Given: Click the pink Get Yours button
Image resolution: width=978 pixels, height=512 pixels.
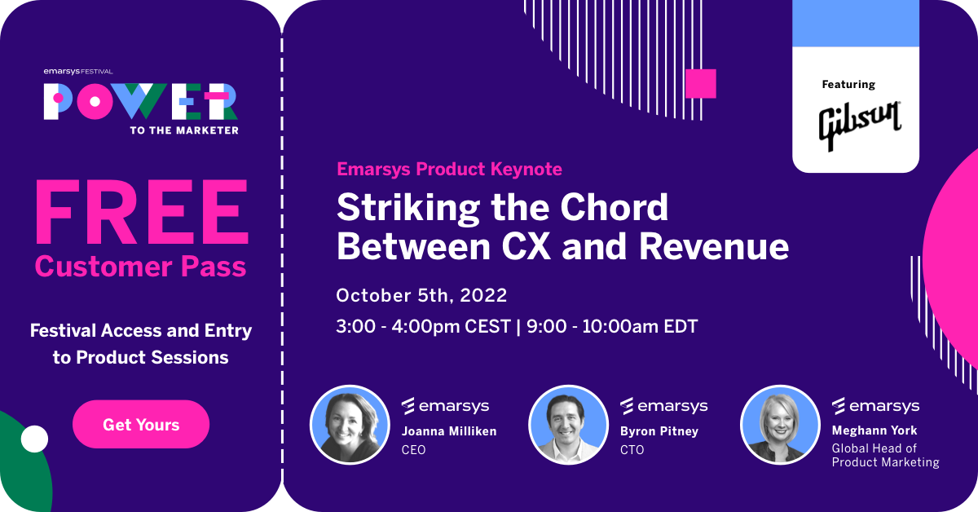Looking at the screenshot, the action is pyautogui.click(x=141, y=424).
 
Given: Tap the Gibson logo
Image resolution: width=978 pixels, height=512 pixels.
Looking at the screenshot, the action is pyautogui.click(x=859, y=126).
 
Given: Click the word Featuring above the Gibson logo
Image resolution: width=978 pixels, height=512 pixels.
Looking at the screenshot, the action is pyautogui.click(x=848, y=84).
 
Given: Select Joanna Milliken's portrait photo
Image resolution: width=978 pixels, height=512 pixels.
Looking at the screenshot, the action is pyautogui.click(x=350, y=425).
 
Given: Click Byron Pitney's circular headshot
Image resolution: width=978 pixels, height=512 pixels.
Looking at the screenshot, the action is pyautogui.click(x=568, y=425).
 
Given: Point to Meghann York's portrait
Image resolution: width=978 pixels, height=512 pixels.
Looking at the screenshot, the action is pyautogui.click(x=780, y=425).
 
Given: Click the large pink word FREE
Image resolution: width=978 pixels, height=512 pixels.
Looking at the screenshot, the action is pyautogui.click(x=142, y=211).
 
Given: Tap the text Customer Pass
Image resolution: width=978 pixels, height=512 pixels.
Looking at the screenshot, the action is pyautogui.click(x=140, y=266).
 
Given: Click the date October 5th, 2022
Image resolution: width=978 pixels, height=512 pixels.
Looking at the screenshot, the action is pyautogui.click(x=421, y=296).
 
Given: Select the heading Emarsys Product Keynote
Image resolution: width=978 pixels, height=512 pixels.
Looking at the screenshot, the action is pyautogui.click(x=449, y=169).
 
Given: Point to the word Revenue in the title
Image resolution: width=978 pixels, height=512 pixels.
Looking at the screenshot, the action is pyautogui.click(x=714, y=247).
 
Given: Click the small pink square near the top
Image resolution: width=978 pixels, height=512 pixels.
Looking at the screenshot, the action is pyautogui.click(x=701, y=83).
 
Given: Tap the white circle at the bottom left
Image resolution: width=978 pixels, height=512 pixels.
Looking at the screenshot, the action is pyautogui.click(x=34, y=439).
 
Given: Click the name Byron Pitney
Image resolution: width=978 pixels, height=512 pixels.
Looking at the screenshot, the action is pyautogui.click(x=659, y=431).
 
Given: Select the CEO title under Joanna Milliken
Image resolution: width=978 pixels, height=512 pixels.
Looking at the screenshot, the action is pyautogui.click(x=413, y=450).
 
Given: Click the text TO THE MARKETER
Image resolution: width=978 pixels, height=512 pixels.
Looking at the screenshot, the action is pyautogui.click(x=184, y=130).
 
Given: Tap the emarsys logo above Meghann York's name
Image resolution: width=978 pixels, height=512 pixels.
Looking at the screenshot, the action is pyautogui.click(x=876, y=406).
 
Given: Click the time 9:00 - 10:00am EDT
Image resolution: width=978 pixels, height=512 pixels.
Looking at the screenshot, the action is pyautogui.click(x=612, y=326).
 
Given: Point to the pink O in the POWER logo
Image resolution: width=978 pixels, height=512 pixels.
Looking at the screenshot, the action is pyautogui.click(x=95, y=102).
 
